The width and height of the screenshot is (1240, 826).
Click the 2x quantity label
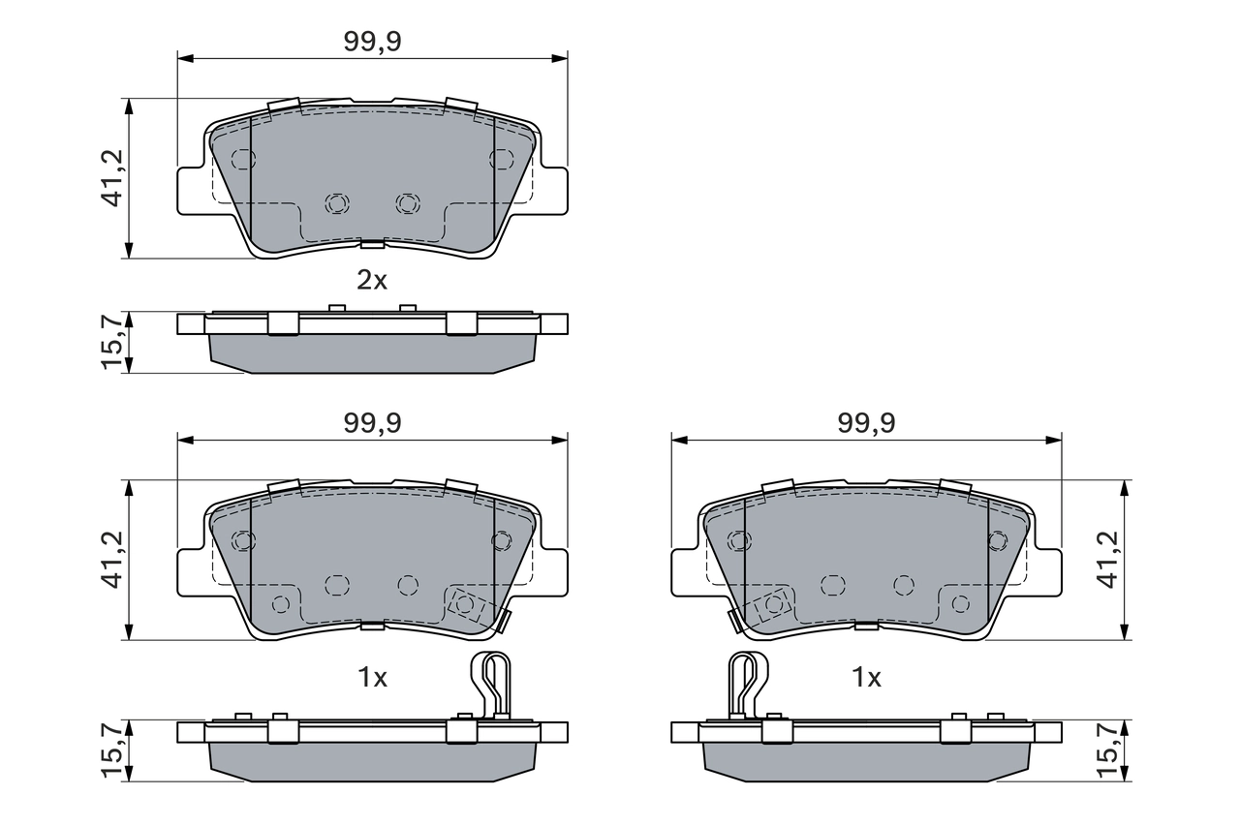click(x=372, y=281)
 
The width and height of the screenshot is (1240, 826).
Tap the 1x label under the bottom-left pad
click(x=372, y=678)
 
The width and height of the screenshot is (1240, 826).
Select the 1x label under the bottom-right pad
click(x=866, y=678)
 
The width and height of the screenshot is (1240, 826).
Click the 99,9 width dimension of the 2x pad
click(x=372, y=42)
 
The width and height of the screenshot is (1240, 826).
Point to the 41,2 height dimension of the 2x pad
click(x=112, y=178)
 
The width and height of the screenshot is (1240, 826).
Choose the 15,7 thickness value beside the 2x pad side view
click(x=112, y=342)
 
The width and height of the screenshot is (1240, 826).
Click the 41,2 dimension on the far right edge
click(x=1109, y=560)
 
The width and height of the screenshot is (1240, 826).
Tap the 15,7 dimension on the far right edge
click(x=1109, y=750)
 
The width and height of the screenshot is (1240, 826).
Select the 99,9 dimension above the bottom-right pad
click(x=866, y=423)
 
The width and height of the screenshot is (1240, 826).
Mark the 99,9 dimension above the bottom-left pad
click(x=372, y=423)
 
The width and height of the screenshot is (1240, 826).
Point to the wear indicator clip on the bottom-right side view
click(x=747, y=684)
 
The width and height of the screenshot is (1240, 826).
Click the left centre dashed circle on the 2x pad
click(x=336, y=203)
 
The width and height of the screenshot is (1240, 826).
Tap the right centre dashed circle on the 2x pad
click(x=408, y=203)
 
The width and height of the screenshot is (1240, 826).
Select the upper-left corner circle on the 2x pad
click(x=243, y=159)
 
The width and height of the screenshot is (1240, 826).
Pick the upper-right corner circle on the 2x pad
click(x=501, y=159)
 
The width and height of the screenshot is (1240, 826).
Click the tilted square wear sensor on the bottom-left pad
click(x=466, y=604)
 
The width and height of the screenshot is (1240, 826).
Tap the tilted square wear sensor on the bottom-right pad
click(x=773, y=604)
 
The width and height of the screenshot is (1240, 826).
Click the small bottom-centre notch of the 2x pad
click(x=372, y=243)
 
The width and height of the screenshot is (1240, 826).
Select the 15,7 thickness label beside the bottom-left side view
click(x=112, y=750)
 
